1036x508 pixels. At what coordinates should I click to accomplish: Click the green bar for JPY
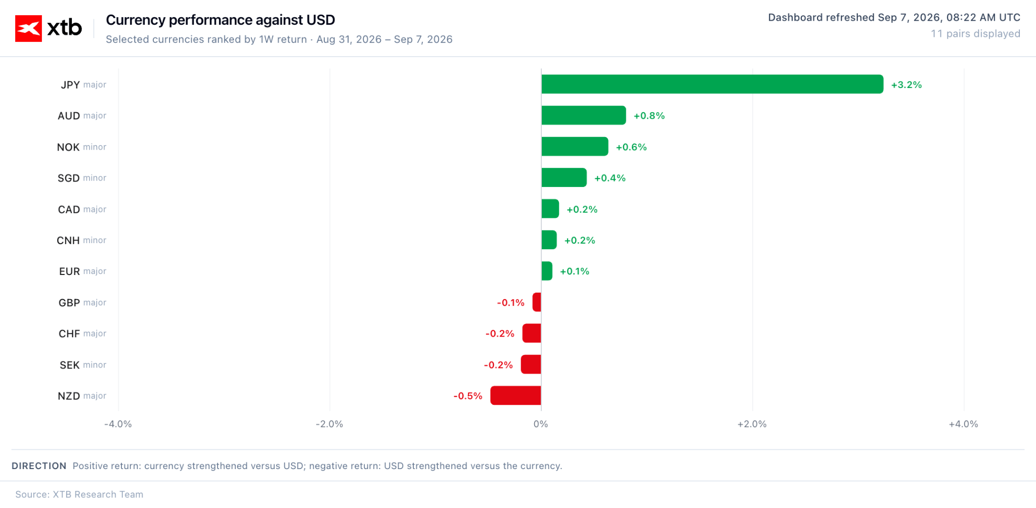pos(712,84)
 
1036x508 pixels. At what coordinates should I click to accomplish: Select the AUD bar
pos(584,115)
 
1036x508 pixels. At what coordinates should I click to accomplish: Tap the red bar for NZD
pos(515,395)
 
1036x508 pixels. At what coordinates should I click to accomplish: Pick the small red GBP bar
pos(537,302)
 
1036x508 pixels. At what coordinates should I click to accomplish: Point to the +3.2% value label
pos(906,85)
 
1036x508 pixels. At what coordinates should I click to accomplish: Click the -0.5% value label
pos(468,396)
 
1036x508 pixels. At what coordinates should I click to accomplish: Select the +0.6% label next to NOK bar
pos(631,147)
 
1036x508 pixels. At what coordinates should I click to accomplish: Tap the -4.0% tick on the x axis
pos(118,424)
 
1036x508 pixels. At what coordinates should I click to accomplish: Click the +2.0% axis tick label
pos(752,424)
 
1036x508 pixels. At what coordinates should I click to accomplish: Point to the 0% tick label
pos(541,424)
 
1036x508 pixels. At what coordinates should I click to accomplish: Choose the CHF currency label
pos(69,334)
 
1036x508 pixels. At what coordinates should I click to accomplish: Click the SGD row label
pos(69,178)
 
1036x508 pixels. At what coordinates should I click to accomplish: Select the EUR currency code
pos(69,271)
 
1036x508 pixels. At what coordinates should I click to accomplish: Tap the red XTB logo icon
pos(28,28)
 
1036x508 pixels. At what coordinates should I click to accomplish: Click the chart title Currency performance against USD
pos(221,20)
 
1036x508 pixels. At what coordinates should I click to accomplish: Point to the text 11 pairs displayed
pos(975,33)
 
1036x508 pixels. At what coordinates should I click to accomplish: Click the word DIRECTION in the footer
pos(39,466)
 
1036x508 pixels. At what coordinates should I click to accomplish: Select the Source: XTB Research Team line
pos(79,494)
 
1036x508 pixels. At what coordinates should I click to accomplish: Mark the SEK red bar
pos(531,364)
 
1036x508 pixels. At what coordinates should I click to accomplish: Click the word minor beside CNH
pos(95,240)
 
